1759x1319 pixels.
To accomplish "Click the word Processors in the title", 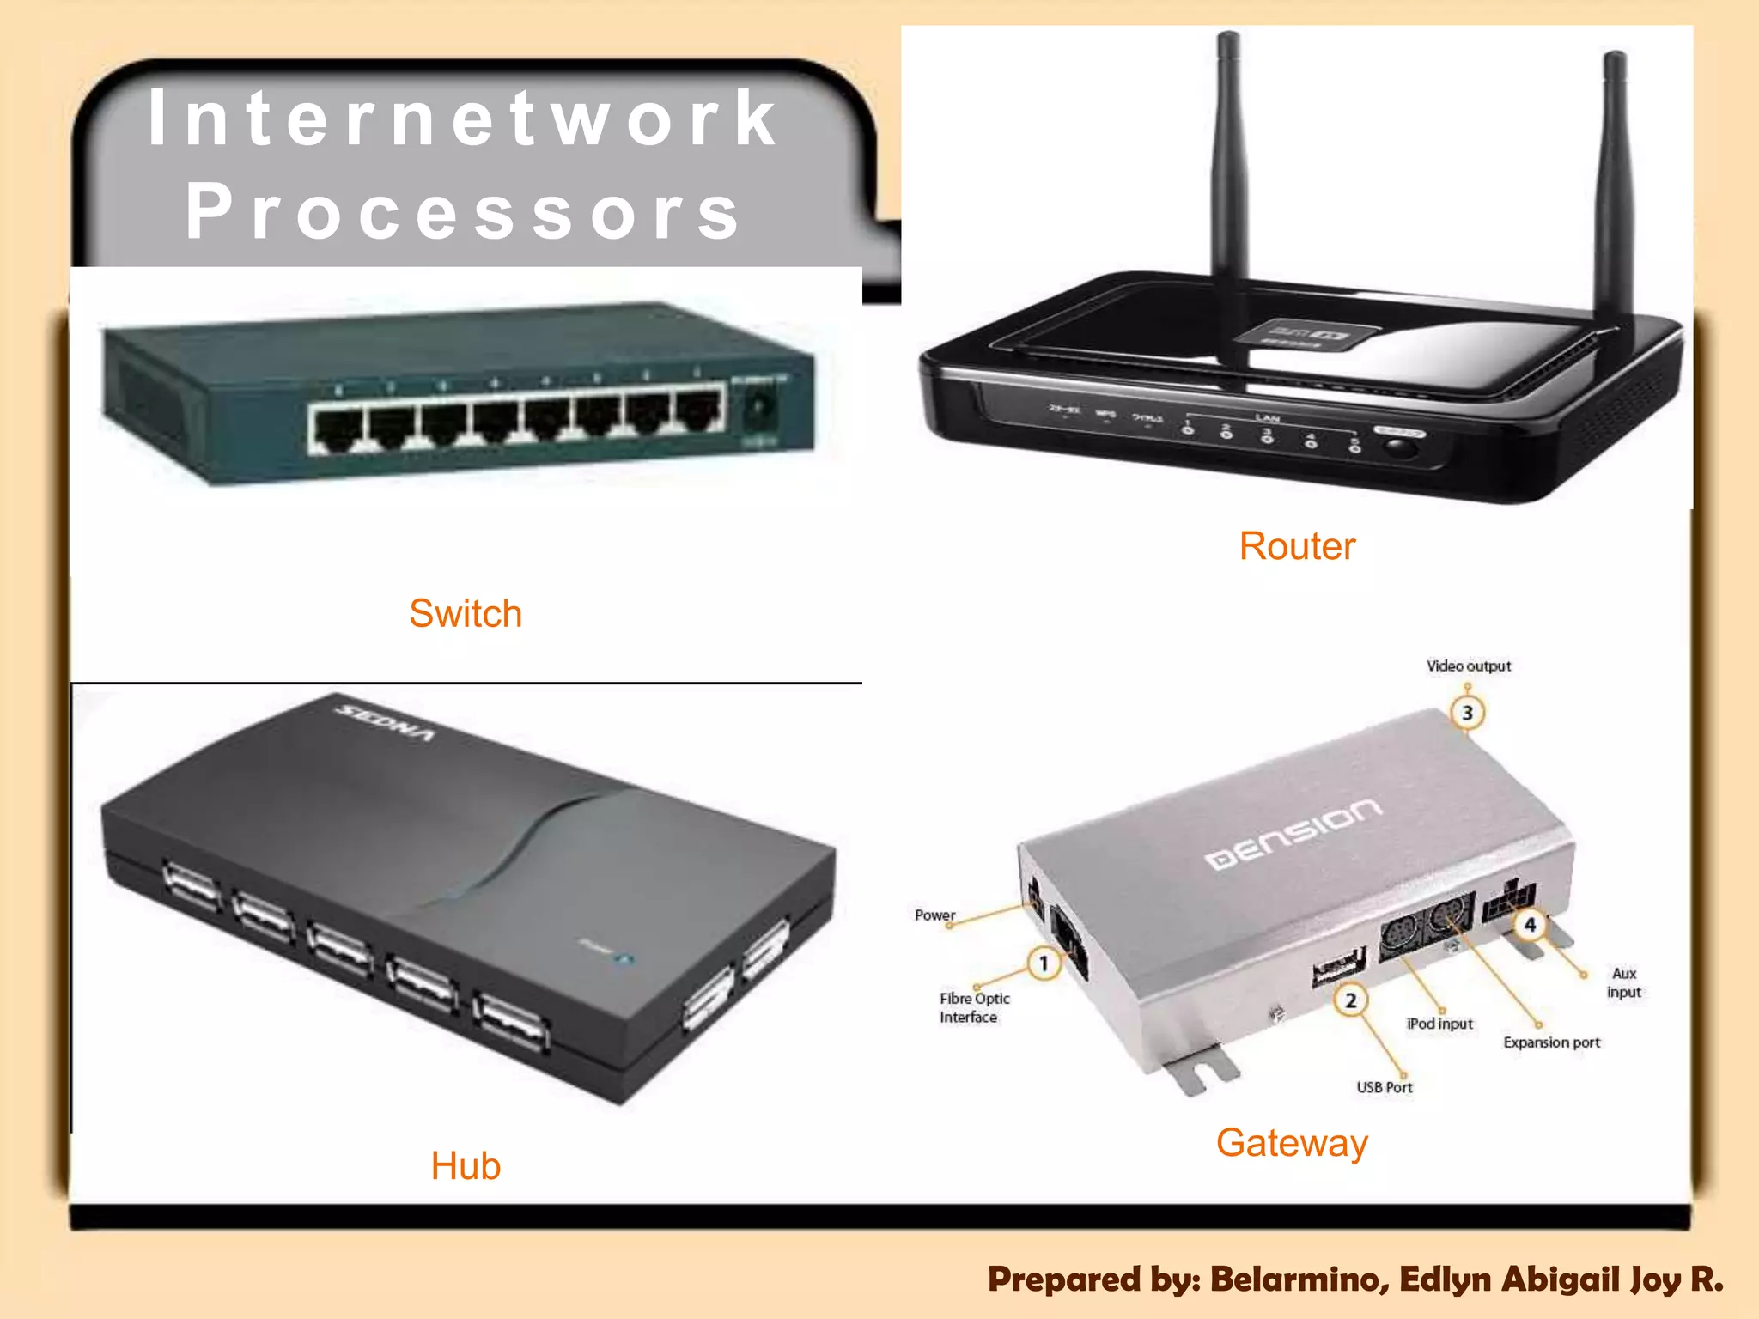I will [464, 213].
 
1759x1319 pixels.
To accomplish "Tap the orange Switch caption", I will [466, 613].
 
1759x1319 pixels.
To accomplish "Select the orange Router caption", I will [1297, 546].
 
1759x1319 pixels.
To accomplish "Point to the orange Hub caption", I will [466, 1166].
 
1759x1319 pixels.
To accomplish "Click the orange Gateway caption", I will [1292, 1143].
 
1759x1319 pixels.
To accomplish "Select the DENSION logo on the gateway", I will [1293, 833].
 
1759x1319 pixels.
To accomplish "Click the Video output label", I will [1469, 666].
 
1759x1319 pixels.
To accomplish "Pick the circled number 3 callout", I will [1468, 713].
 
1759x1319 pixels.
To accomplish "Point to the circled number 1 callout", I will [1044, 963].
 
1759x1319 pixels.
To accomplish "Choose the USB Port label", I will [1385, 1087].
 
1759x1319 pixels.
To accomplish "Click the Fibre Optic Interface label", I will [974, 1008].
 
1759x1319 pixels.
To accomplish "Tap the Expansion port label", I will [1552, 1042].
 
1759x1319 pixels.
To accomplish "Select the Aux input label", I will [1624, 982].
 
